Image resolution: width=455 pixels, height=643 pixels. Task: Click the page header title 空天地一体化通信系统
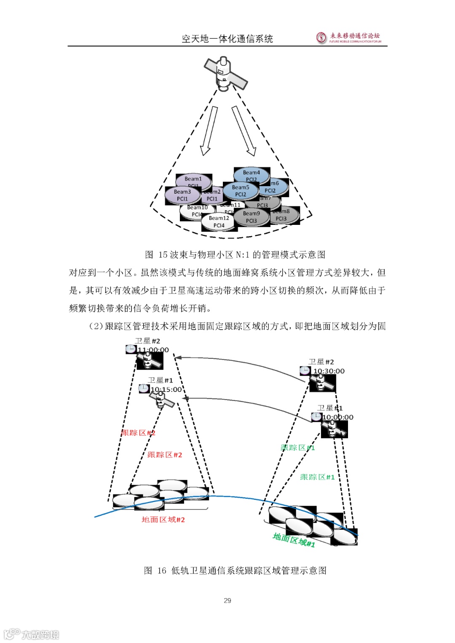(x=227, y=39)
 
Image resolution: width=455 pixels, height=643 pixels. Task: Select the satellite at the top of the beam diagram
(x=225, y=74)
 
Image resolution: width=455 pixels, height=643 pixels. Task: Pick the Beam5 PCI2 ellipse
(x=241, y=191)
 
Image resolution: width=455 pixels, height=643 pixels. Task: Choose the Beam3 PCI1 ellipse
(x=182, y=195)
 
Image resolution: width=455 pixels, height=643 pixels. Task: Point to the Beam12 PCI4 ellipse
(x=219, y=222)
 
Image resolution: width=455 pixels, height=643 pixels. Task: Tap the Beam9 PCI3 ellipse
(x=252, y=217)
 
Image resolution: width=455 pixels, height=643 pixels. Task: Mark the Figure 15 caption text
(x=235, y=255)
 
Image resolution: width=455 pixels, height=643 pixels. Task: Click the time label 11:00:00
(x=153, y=350)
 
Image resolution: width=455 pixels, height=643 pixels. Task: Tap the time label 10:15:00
(x=166, y=390)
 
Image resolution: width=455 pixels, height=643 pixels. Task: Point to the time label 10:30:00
(x=329, y=371)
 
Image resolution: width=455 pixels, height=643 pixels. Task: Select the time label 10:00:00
(x=338, y=417)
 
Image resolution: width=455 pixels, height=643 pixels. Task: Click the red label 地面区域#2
(x=163, y=520)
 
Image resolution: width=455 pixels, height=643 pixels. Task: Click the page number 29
(x=227, y=600)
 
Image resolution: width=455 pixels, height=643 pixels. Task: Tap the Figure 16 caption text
(x=235, y=571)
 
